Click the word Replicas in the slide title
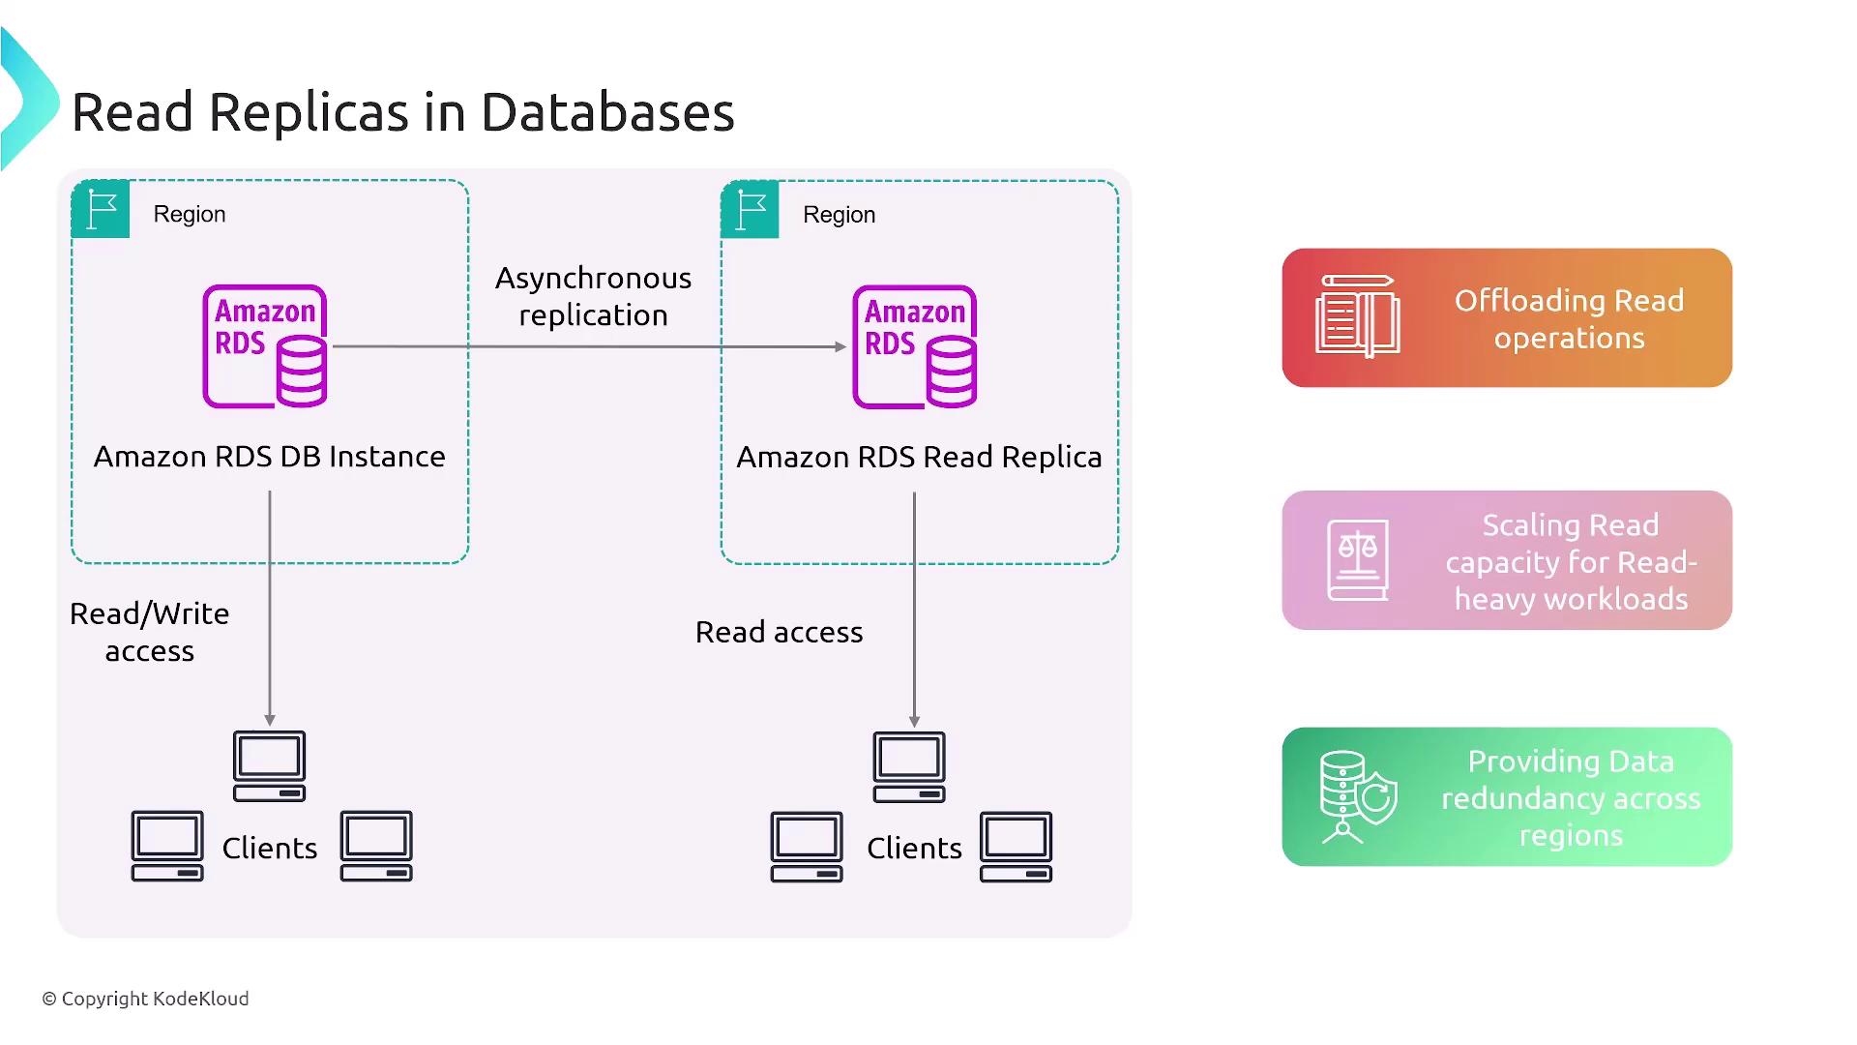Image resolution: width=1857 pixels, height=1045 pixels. tap(309, 112)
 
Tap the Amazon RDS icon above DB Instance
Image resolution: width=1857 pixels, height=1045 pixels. tap(265, 346)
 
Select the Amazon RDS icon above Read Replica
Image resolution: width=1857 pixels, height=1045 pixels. tap(915, 347)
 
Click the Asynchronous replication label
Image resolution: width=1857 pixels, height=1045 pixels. tap(593, 296)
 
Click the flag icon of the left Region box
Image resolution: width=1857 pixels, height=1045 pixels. tap(101, 209)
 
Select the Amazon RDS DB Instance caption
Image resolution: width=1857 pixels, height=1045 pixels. tap(269, 457)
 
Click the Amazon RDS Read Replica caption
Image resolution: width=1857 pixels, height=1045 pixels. tap(919, 457)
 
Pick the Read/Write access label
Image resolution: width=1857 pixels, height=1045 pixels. tap(150, 632)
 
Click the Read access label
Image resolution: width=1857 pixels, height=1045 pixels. tap(779, 632)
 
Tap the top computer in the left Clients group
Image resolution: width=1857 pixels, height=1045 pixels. tap(269, 766)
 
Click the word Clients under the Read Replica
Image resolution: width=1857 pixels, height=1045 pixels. tap(914, 849)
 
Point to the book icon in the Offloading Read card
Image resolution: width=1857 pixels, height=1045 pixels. tap(1357, 317)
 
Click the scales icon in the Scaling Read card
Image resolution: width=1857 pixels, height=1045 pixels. tap(1358, 560)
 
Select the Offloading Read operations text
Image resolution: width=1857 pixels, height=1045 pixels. tap(1569, 318)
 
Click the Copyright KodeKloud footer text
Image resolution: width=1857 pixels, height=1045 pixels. tap(145, 999)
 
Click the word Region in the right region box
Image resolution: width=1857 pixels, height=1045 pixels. tap(839, 215)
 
